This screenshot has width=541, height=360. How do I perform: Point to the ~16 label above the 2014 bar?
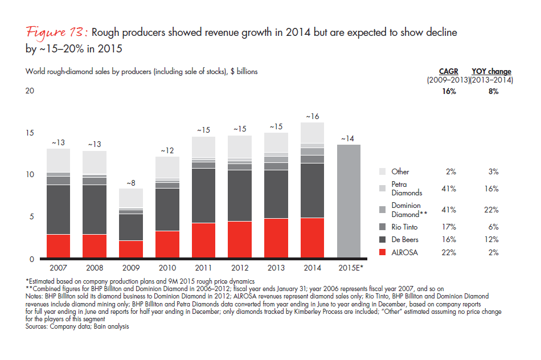(x=312, y=117)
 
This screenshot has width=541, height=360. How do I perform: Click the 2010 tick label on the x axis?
(x=167, y=268)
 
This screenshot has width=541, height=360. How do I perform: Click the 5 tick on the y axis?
(x=32, y=217)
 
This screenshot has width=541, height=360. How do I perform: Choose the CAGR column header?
(x=448, y=72)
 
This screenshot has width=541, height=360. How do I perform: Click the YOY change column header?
(x=491, y=72)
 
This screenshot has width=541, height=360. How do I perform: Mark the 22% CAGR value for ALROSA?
(x=448, y=252)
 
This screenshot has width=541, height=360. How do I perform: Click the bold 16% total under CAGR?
(x=448, y=91)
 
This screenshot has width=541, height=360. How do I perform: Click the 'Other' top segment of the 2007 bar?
(x=58, y=160)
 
